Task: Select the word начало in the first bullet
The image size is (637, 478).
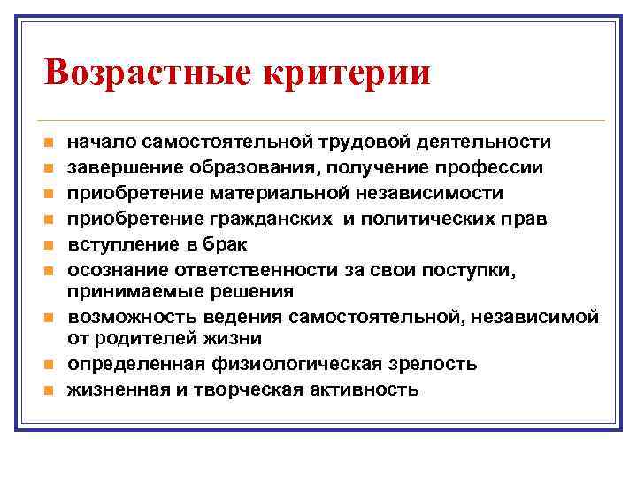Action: pos(97,142)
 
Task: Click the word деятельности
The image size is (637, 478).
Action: pos(485,142)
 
